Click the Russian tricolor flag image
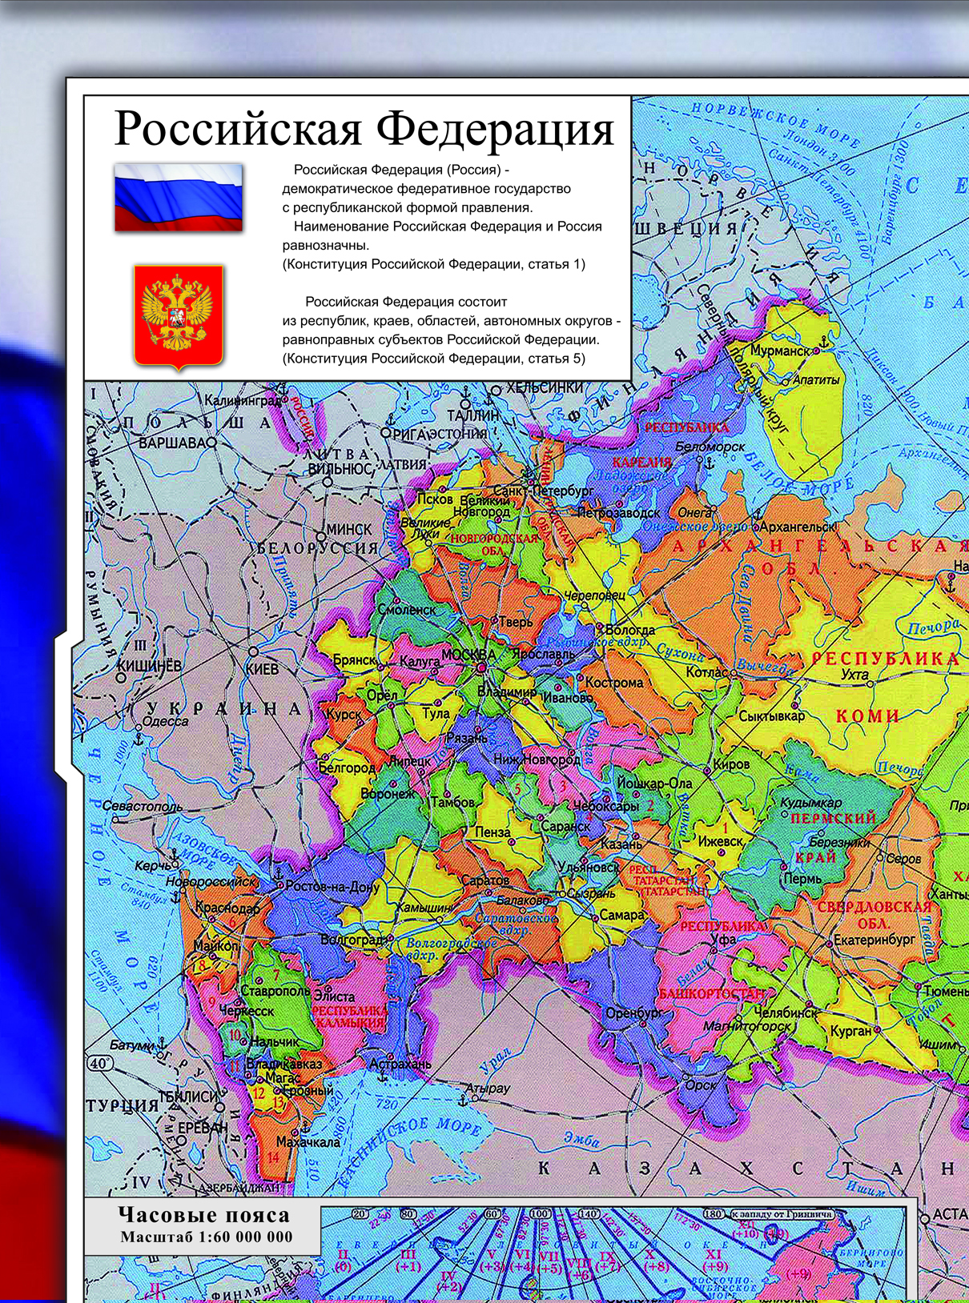[x=178, y=197]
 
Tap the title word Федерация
[x=496, y=129]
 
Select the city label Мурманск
[x=778, y=351]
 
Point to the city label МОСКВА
[x=468, y=654]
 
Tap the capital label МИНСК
[x=349, y=529]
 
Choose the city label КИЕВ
[x=263, y=668]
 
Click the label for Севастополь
[x=143, y=807]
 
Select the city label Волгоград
[x=353, y=939]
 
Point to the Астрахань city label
[x=400, y=1064]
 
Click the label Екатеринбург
[x=874, y=940]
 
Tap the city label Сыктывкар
[x=771, y=716]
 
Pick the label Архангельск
[x=796, y=527]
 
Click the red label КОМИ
[x=868, y=716]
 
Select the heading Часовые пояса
[x=203, y=1215]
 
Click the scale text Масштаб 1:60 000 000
[x=207, y=1237]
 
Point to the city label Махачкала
[x=308, y=1141]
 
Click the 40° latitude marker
[x=99, y=1064]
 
